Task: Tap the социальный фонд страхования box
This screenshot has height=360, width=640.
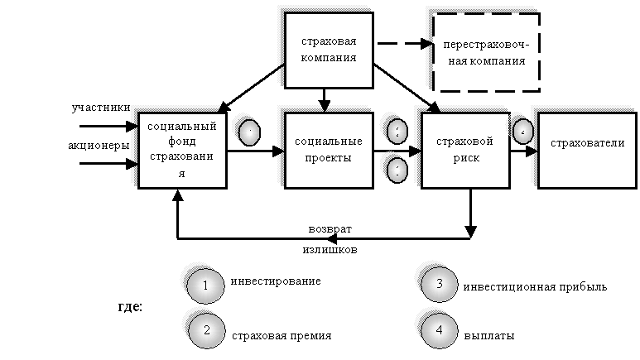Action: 181,150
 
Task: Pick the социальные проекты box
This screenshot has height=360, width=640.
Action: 328,150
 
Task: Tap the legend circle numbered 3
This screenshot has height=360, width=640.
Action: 439,284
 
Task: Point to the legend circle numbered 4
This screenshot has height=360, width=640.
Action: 439,329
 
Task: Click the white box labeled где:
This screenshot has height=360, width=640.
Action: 129,307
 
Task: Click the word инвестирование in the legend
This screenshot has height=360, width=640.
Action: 276,281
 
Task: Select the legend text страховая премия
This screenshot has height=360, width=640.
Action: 282,336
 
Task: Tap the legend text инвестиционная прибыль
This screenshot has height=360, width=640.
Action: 535,286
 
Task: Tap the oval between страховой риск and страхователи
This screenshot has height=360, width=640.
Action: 522,132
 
